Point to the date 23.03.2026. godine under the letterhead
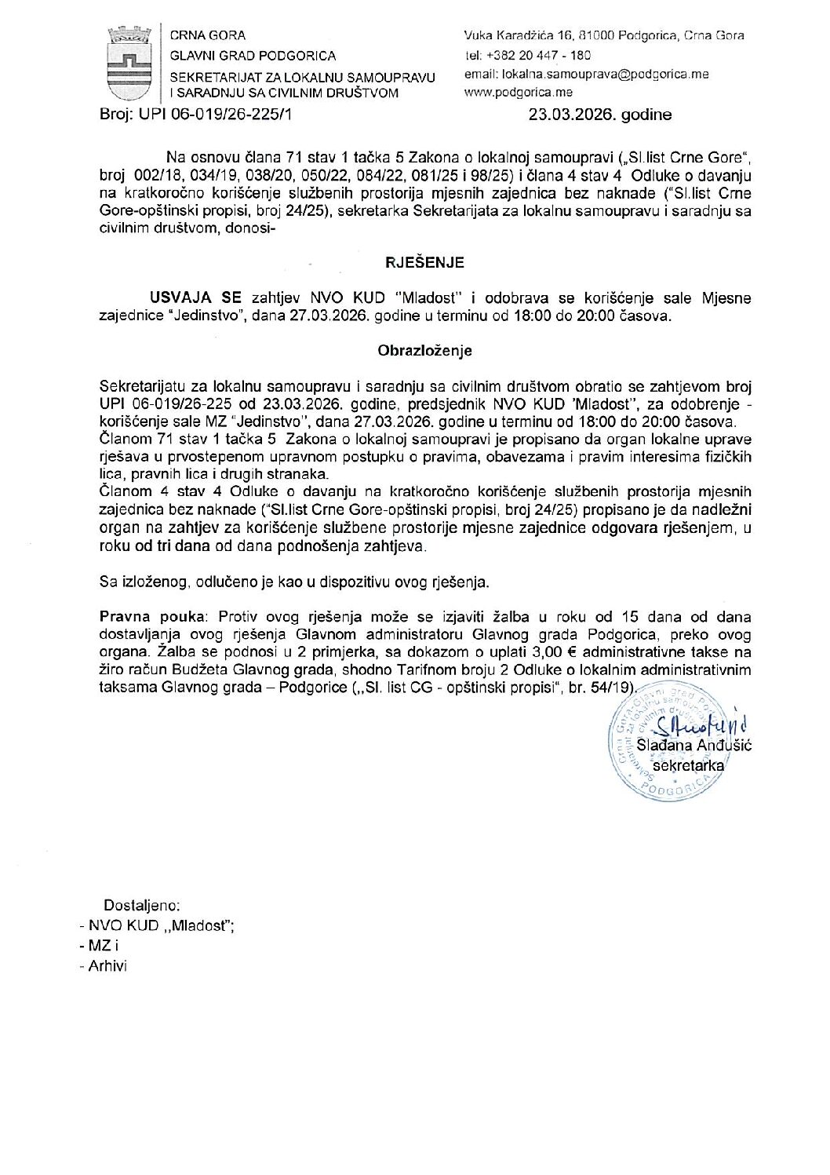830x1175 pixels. coord(600,115)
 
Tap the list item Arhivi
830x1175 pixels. coord(107,965)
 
